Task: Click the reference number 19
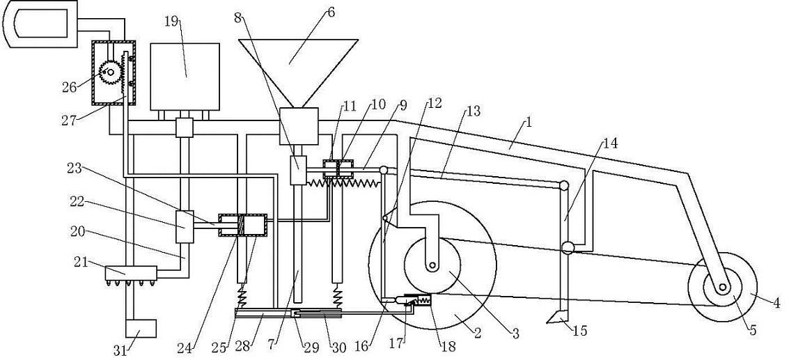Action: (x=172, y=22)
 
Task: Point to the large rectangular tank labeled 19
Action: (x=185, y=77)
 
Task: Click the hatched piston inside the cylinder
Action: (x=242, y=226)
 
